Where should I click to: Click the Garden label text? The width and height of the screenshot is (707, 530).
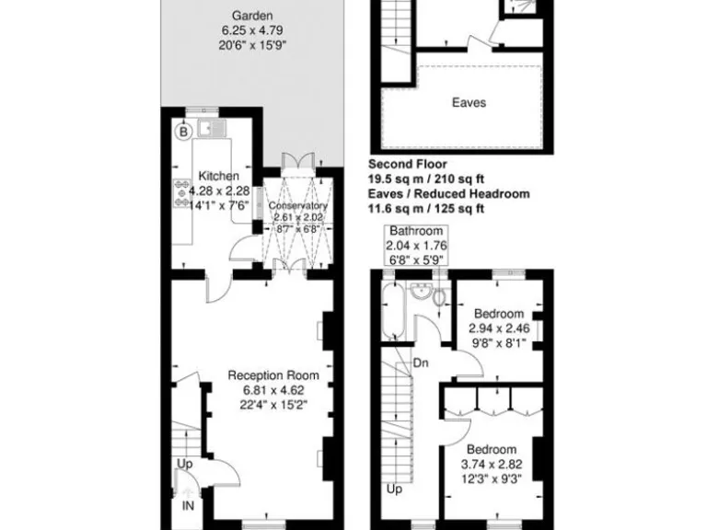[x=251, y=16]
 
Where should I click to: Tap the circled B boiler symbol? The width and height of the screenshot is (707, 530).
[x=182, y=132]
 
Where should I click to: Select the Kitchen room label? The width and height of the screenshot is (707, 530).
[x=219, y=176]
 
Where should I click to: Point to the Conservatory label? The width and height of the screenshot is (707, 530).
[x=297, y=206]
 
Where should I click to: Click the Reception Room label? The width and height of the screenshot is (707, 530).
[x=273, y=374]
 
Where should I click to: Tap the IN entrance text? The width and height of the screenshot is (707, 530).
[x=188, y=505]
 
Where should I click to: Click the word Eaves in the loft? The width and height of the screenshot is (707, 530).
[x=469, y=103]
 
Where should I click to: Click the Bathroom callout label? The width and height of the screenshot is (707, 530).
[x=416, y=231]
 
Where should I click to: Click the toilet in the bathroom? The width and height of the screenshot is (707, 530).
[x=438, y=296]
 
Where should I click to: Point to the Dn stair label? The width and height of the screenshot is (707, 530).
[x=420, y=363]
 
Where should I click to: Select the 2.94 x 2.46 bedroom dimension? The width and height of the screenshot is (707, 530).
[x=498, y=328]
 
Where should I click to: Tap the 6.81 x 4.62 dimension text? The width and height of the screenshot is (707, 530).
[x=273, y=389]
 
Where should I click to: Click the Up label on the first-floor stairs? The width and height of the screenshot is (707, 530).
[x=394, y=490]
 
